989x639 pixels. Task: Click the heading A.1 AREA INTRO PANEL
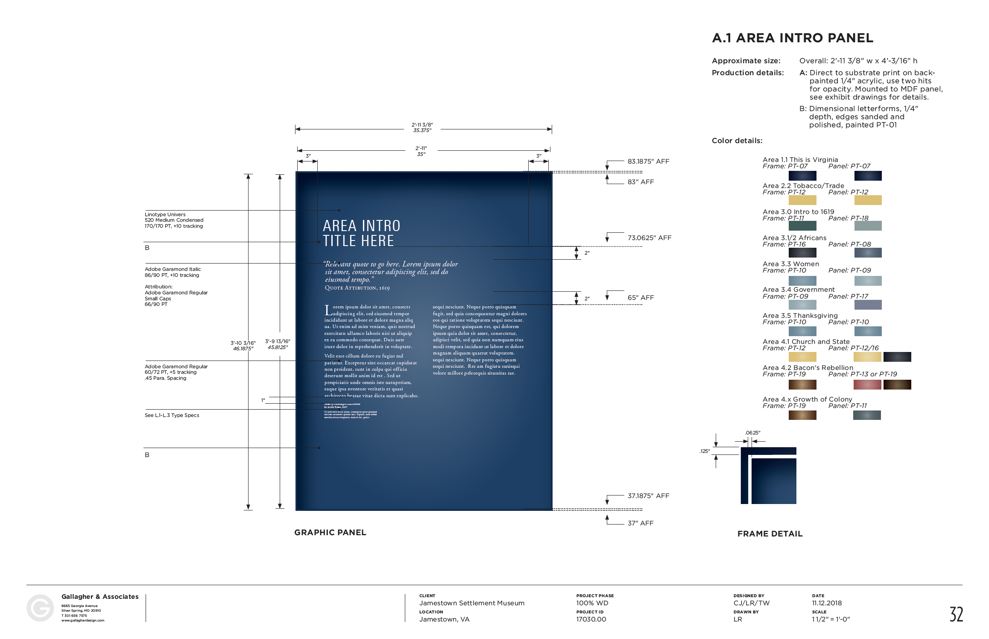coord(792,38)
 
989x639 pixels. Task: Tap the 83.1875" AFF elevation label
coord(648,161)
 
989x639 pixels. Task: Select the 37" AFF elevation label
coord(640,523)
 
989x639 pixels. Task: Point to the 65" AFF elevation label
coord(640,298)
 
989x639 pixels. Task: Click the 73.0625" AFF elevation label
coord(649,238)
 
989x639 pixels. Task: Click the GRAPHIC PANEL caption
coord(330,533)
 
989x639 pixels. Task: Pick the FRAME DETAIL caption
coord(770,534)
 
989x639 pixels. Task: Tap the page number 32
coord(956,614)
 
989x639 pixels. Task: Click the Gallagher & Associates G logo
coord(40,608)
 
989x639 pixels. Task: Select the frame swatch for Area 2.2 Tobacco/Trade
coord(802,200)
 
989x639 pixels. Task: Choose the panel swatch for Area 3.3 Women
coord(868,281)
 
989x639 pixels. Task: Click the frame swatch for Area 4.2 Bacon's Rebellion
coord(802,384)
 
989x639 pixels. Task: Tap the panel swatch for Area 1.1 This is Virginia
coord(868,176)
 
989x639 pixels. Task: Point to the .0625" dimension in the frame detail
coord(752,433)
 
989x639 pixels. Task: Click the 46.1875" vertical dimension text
coord(243,349)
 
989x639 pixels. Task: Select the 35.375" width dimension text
coord(422,131)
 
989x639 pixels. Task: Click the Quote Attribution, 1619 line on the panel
coord(357,288)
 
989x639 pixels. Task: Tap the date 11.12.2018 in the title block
coord(827,603)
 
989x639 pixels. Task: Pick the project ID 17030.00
coord(591,619)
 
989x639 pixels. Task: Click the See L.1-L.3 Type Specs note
coord(172,415)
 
